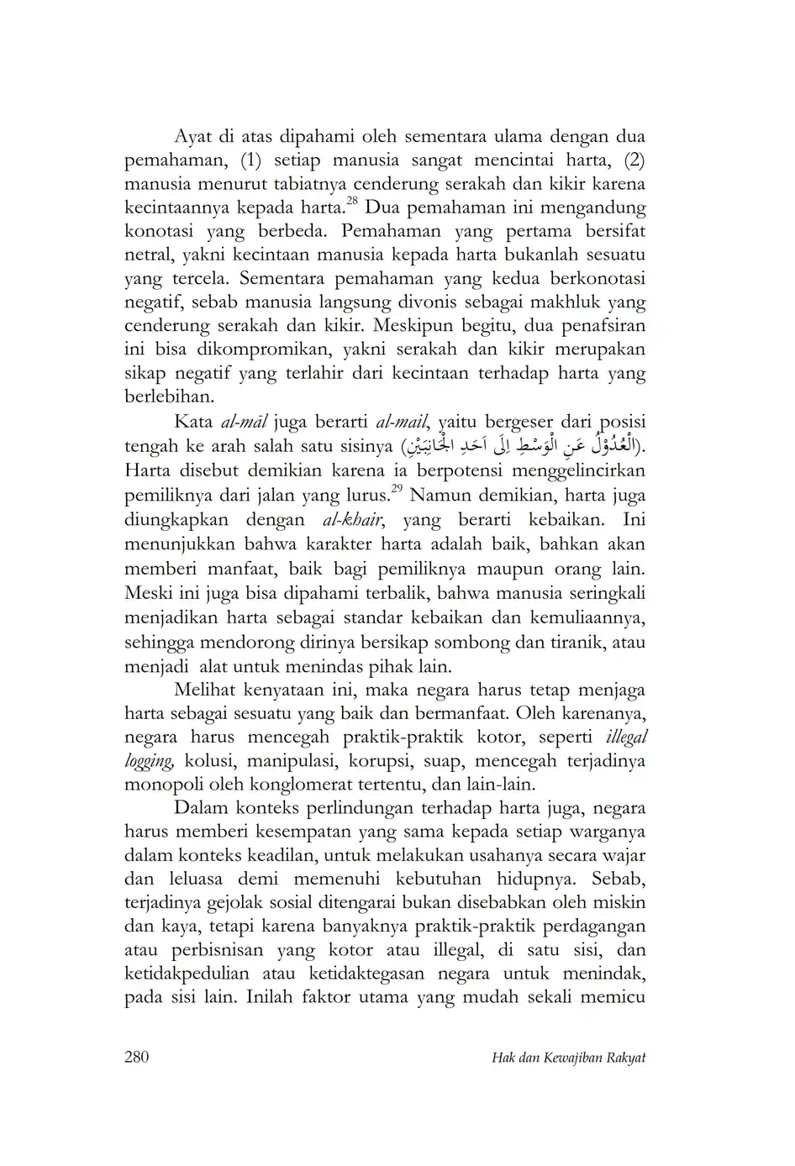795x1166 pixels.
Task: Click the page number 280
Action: pos(136,1057)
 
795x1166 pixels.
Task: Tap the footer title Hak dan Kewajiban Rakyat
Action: pos(568,1058)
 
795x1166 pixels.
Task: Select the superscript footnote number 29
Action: pos(397,487)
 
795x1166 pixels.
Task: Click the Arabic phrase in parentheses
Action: pos(520,446)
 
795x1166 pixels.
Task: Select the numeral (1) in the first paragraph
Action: pos(252,160)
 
